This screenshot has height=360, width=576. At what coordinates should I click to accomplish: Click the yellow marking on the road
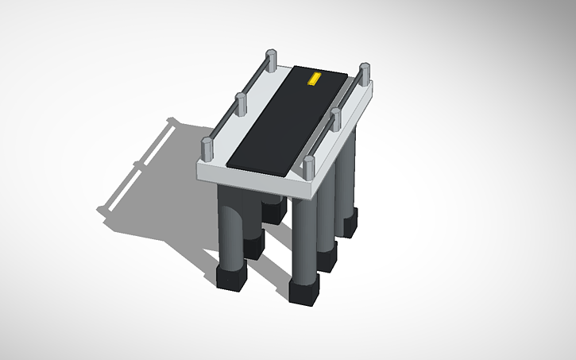point(314,78)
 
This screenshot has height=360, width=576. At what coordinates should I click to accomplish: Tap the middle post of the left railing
point(238,103)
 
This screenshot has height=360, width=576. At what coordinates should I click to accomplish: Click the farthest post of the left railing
point(269,59)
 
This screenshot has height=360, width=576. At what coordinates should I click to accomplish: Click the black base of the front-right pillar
point(302,291)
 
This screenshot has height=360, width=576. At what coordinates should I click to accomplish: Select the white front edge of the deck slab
point(254,181)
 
